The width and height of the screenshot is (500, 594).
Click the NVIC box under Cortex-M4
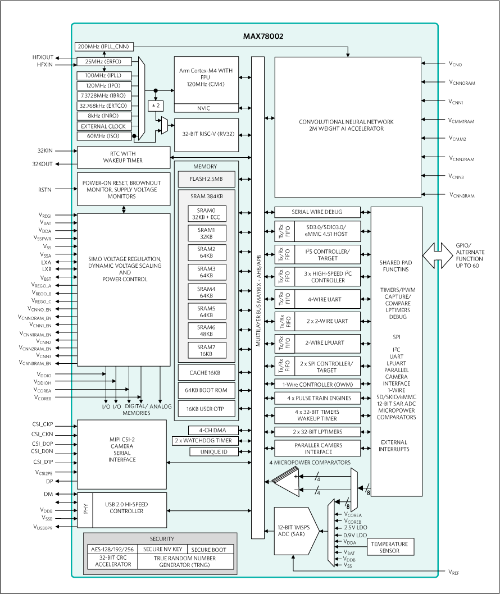206,108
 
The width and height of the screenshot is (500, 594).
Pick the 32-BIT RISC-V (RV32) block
206,135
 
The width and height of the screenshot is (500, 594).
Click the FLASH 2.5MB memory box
206,180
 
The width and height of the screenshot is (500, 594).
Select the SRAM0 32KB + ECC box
206,214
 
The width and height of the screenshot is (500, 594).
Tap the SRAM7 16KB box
206,351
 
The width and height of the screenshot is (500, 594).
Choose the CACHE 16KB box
206,373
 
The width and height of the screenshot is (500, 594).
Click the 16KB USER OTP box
206,409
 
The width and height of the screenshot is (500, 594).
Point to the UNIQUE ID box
213,452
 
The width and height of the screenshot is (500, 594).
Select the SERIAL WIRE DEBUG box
317,212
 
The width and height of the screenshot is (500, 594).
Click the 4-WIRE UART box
327,299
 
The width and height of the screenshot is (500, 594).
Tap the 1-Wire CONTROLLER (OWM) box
317,385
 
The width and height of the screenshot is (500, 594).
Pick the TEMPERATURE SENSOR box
390,547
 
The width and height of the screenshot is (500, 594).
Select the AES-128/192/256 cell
112,550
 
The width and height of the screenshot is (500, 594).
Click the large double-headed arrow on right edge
437,255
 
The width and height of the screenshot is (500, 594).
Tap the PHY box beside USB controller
86,509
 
